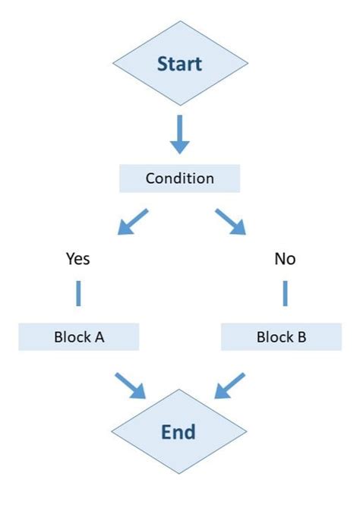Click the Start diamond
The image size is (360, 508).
tap(179, 64)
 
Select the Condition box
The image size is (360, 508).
tap(179, 179)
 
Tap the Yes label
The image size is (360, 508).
tap(77, 259)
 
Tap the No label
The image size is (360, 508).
tap(285, 259)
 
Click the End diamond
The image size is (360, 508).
tap(179, 432)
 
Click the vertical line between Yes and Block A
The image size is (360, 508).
tap(77, 293)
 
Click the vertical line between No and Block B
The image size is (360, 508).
tap(286, 293)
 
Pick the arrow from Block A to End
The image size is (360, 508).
tap(130, 385)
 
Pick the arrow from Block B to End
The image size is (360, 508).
tap(230, 385)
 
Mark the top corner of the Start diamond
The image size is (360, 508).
tap(179, 23)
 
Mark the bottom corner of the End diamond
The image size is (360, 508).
tap(179, 474)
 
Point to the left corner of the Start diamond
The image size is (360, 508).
tap(112, 64)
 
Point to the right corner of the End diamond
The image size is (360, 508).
tap(247, 432)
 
